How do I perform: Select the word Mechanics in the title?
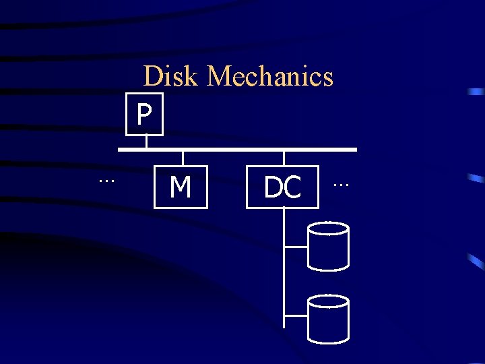[x=270, y=76]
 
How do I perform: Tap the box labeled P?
[x=144, y=115]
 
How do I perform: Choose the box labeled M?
[x=181, y=187]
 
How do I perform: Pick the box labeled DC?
[x=282, y=187]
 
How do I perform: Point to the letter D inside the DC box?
[x=273, y=187]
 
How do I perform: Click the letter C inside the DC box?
[x=292, y=187]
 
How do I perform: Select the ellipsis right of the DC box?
[x=342, y=183]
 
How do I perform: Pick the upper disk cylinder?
[x=328, y=246]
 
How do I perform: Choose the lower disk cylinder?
[x=328, y=319]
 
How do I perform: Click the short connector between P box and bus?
[x=146, y=142]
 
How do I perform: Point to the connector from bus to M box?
[x=183, y=158]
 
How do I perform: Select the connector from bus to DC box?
[x=284, y=158]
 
